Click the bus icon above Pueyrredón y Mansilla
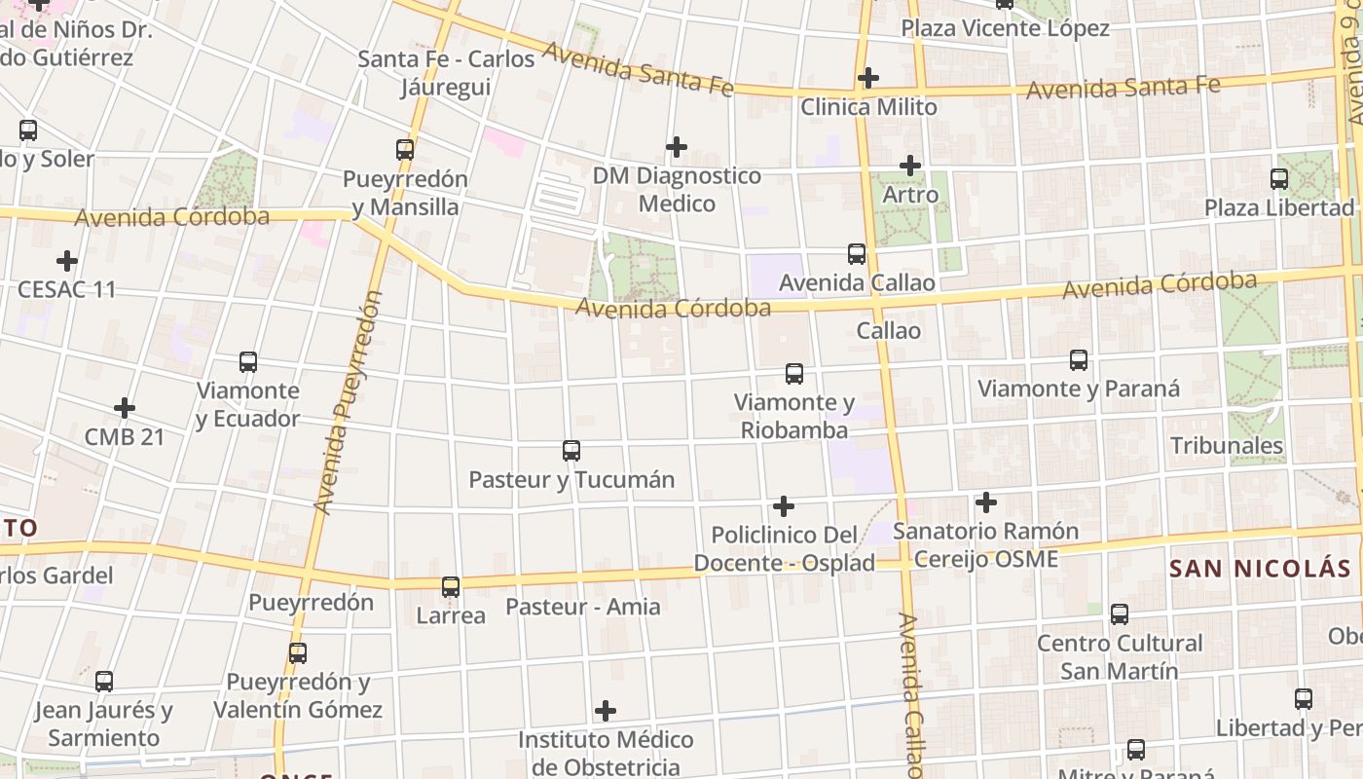tap(405, 150)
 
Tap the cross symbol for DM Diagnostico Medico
tap(677, 147)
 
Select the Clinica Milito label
tap(868, 107)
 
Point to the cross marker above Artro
tap(910, 166)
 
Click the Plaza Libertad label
tap(1278, 207)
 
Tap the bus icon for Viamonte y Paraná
tap(1079, 360)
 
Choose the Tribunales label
tap(1227, 446)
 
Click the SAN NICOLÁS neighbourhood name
tap(1260, 569)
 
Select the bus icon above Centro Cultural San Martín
tap(1120, 614)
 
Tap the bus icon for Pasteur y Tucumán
tap(571, 451)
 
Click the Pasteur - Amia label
tap(582, 607)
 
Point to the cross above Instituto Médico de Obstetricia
tap(606, 711)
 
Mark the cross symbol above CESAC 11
tap(67, 261)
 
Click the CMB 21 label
tap(125, 437)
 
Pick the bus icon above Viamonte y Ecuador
tap(248, 362)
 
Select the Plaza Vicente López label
tap(1005, 28)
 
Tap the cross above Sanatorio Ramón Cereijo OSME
tap(986, 502)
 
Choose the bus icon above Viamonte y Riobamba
tap(794, 374)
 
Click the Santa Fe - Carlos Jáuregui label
tap(446, 73)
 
